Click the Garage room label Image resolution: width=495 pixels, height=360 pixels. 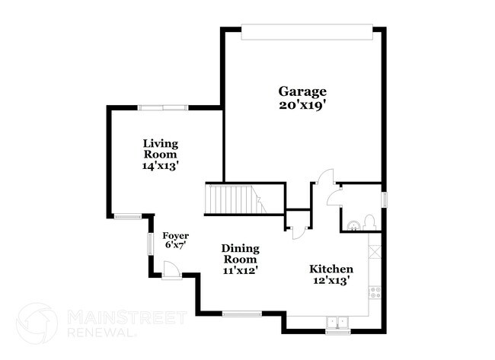click(302, 92)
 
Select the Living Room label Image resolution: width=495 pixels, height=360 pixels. click(161, 148)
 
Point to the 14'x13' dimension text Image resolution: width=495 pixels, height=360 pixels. click(161, 164)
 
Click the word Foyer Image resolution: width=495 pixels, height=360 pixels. click(176, 235)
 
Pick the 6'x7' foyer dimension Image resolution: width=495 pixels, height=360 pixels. click(176, 246)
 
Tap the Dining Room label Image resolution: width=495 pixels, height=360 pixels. click(241, 253)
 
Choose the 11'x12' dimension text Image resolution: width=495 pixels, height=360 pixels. click(241, 269)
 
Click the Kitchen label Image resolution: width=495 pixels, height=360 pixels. click(331, 269)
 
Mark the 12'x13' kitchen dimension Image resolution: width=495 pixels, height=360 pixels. click(331, 281)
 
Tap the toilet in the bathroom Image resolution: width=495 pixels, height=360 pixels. click(369, 221)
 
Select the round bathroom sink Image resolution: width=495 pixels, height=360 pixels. click(352, 224)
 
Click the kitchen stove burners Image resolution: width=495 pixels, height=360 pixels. click(374, 290)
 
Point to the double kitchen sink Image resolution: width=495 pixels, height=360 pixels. click(337, 322)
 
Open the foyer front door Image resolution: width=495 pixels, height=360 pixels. click(171, 270)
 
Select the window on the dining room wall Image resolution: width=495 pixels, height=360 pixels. click(242, 313)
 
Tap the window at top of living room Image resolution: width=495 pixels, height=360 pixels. click(163, 108)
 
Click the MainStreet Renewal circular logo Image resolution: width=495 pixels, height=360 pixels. click(37, 323)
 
